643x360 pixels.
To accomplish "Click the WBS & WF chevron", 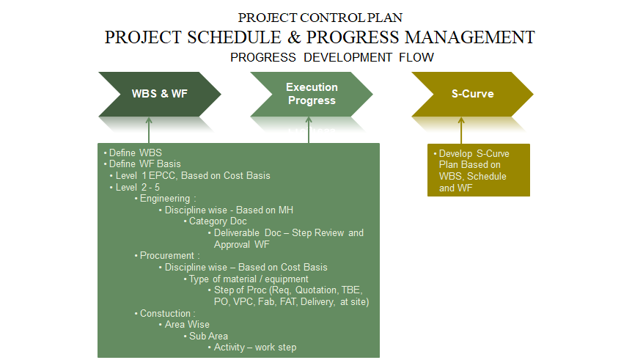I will pyautogui.click(x=159, y=94).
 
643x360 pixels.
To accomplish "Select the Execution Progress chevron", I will pyautogui.click(x=312, y=94).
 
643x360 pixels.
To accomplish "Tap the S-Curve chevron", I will pyautogui.click(x=472, y=94).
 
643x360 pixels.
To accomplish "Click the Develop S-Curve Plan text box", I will pyautogui.click(x=478, y=170).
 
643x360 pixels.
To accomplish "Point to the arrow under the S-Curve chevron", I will pyautogui.click(x=461, y=130).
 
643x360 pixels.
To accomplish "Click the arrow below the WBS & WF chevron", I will pyautogui.click(x=149, y=130).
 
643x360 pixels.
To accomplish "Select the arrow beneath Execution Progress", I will pyautogui.click(x=309, y=130).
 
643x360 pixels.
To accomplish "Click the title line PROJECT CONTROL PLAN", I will pyautogui.click(x=320, y=18).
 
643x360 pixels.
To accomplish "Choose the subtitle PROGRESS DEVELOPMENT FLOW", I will pyautogui.click(x=331, y=57).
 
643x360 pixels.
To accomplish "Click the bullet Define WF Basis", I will pyautogui.click(x=145, y=164).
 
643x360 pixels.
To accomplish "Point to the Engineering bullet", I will pyautogui.click(x=168, y=198).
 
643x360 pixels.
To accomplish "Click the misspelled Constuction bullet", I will pyautogui.click(x=168, y=313).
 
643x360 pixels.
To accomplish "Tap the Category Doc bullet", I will pyautogui.click(x=218, y=221).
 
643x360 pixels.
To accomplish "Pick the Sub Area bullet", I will pyautogui.click(x=208, y=336).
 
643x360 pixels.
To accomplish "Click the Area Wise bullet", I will pyautogui.click(x=187, y=324).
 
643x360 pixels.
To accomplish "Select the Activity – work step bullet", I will pyautogui.click(x=255, y=348).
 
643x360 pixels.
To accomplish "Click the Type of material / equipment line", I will pyautogui.click(x=249, y=279).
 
